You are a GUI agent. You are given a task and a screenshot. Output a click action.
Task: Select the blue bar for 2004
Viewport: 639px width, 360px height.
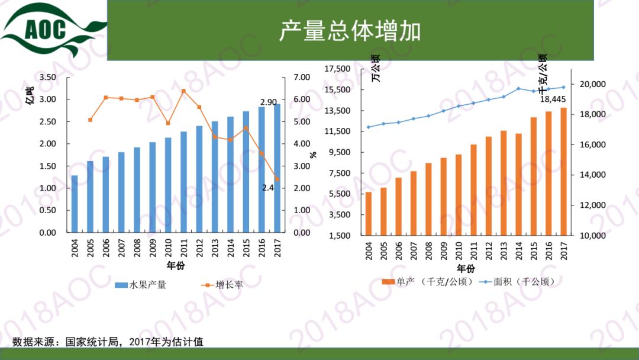[75, 204]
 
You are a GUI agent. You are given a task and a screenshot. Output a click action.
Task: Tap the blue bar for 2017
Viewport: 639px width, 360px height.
[277, 169]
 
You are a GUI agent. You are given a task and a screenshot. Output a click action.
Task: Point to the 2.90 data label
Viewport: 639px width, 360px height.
[269, 102]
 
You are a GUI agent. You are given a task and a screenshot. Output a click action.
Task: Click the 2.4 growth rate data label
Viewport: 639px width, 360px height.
[268, 188]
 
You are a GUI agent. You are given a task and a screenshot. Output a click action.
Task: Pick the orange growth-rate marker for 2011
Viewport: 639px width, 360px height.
[183, 91]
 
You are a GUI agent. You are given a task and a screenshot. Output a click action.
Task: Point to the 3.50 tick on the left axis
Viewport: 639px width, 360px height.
[47, 78]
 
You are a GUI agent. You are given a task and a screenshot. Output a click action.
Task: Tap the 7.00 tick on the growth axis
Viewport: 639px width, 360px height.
[302, 78]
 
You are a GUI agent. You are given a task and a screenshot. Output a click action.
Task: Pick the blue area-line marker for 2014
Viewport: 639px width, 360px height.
[518, 89]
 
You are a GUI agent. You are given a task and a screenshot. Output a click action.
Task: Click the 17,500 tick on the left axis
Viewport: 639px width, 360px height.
[338, 69]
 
